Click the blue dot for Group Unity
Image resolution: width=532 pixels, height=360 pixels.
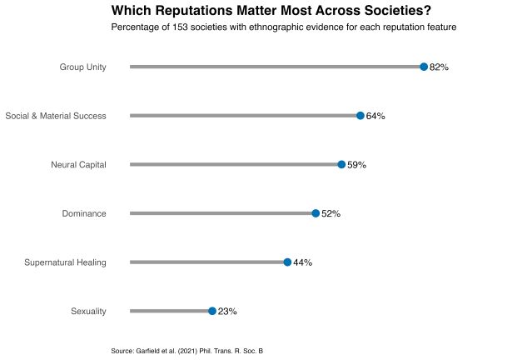click(x=424, y=67)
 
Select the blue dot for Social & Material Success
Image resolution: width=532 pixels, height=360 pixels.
click(x=360, y=116)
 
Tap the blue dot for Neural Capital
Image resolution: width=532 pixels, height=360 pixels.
click(x=341, y=165)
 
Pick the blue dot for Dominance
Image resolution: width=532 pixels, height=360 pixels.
click(x=316, y=213)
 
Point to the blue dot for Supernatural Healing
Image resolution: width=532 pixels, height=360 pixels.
click(x=287, y=262)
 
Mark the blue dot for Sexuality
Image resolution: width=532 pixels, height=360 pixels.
click(x=212, y=311)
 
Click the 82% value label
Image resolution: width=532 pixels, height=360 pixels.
click(x=439, y=67)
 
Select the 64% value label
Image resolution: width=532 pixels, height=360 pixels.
click(x=375, y=116)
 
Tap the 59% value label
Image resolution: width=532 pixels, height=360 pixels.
click(x=356, y=165)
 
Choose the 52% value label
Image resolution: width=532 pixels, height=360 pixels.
click(x=331, y=213)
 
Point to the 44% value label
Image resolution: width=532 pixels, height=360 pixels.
click(x=302, y=262)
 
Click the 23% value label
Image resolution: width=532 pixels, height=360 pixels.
click(x=227, y=311)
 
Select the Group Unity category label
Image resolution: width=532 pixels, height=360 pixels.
click(x=82, y=67)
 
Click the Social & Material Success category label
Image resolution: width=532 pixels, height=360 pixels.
click(x=56, y=116)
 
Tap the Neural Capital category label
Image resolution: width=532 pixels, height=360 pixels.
click(x=78, y=165)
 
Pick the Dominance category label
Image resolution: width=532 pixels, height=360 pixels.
click(x=84, y=213)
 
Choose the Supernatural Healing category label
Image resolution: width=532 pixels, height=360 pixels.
click(x=66, y=262)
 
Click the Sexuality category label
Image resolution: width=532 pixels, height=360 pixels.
click(x=88, y=311)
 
